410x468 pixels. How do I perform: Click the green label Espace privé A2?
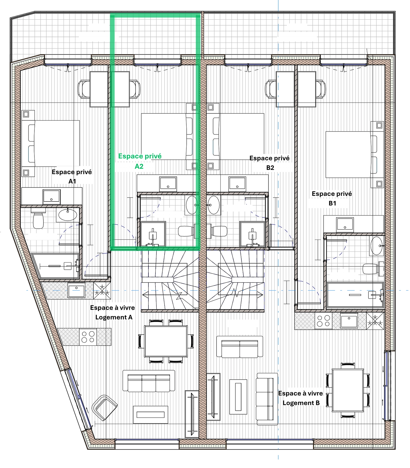(140, 161)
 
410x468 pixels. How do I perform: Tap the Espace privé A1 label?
(72, 176)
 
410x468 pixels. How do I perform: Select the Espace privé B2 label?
(270, 163)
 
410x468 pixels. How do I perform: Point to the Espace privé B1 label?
(332, 198)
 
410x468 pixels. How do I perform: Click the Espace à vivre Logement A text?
(113, 312)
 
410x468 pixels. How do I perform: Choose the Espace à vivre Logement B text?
(301, 398)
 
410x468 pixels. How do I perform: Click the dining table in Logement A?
(166, 341)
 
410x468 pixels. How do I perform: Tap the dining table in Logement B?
(348, 390)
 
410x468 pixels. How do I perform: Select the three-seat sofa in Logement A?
(149, 381)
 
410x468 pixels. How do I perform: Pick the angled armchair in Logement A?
(104, 408)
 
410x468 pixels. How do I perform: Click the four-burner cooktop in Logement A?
(88, 337)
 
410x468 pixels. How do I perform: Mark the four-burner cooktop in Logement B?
(323, 321)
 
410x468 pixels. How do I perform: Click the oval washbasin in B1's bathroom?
(376, 246)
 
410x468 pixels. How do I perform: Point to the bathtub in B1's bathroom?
(355, 295)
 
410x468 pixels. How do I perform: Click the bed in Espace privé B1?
(351, 154)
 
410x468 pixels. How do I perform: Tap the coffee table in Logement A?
(150, 415)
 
